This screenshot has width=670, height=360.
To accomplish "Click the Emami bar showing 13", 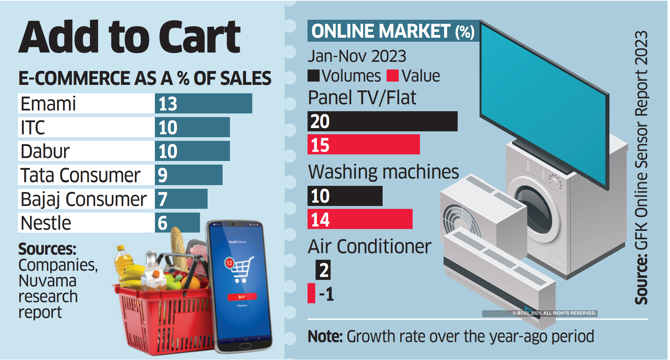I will click(x=203, y=104).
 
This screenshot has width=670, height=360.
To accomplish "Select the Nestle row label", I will click(x=46, y=223).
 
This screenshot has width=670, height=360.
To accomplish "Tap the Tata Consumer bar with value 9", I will click(x=188, y=175).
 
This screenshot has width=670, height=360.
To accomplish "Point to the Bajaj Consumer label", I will click(x=83, y=199).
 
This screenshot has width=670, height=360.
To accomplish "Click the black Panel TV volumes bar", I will click(x=382, y=121).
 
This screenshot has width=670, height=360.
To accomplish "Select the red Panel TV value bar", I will click(x=364, y=145).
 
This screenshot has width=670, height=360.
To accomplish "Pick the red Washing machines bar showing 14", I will click(x=360, y=219).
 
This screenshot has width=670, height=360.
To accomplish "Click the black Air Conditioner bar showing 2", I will click(x=323, y=270).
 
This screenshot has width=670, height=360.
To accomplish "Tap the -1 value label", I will click(x=326, y=294).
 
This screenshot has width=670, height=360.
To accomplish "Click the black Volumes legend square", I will click(x=313, y=76).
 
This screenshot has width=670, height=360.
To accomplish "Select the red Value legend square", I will click(x=392, y=76).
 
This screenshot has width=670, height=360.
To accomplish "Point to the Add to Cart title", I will click(x=130, y=37).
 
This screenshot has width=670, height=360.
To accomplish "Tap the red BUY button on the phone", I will click(x=242, y=297).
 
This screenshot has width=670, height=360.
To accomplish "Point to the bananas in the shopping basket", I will click(x=132, y=276).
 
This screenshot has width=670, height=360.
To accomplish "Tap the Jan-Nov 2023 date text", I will click(x=357, y=56).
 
